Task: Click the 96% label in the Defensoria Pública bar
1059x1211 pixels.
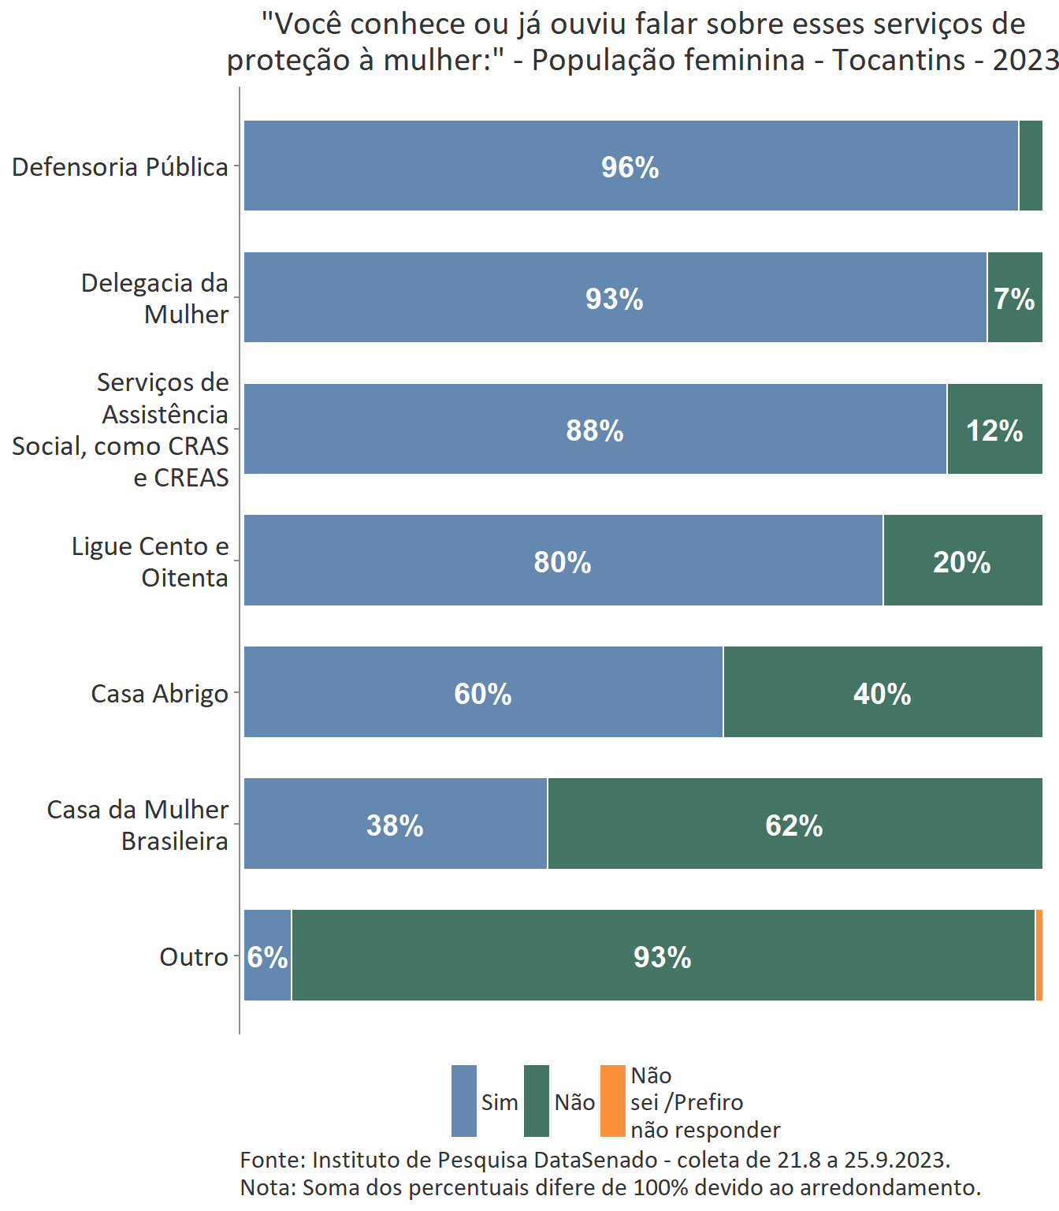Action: pos(630,167)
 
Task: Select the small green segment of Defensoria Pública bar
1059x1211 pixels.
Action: pos(1030,166)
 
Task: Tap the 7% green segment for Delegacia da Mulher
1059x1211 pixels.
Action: pos(1014,298)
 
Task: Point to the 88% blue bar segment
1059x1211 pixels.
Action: pos(595,430)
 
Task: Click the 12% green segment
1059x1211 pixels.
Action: pos(994,430)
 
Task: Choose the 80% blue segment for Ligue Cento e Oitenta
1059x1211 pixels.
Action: pos(563,561)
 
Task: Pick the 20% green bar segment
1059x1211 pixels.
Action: pos(962,561)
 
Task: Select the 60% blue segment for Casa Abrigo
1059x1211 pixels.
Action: pos(483,693)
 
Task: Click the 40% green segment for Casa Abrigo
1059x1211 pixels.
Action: pos(882,693)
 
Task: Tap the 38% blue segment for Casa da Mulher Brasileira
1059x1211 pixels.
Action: pos(395,825)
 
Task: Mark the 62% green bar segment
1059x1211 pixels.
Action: pos(794,825)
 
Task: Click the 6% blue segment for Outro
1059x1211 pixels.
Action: pos(267,956)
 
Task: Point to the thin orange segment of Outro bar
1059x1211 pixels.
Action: pos(1039,956)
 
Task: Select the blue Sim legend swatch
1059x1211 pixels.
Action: pos(464,1101)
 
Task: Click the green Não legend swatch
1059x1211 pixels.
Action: pos(537,1101)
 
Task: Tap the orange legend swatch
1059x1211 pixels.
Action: pos(612,1101)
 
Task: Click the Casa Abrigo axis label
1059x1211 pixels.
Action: pos(159,694)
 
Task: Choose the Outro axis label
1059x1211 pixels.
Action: pos(194,957)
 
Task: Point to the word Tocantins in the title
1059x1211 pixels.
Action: pos(899,60)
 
